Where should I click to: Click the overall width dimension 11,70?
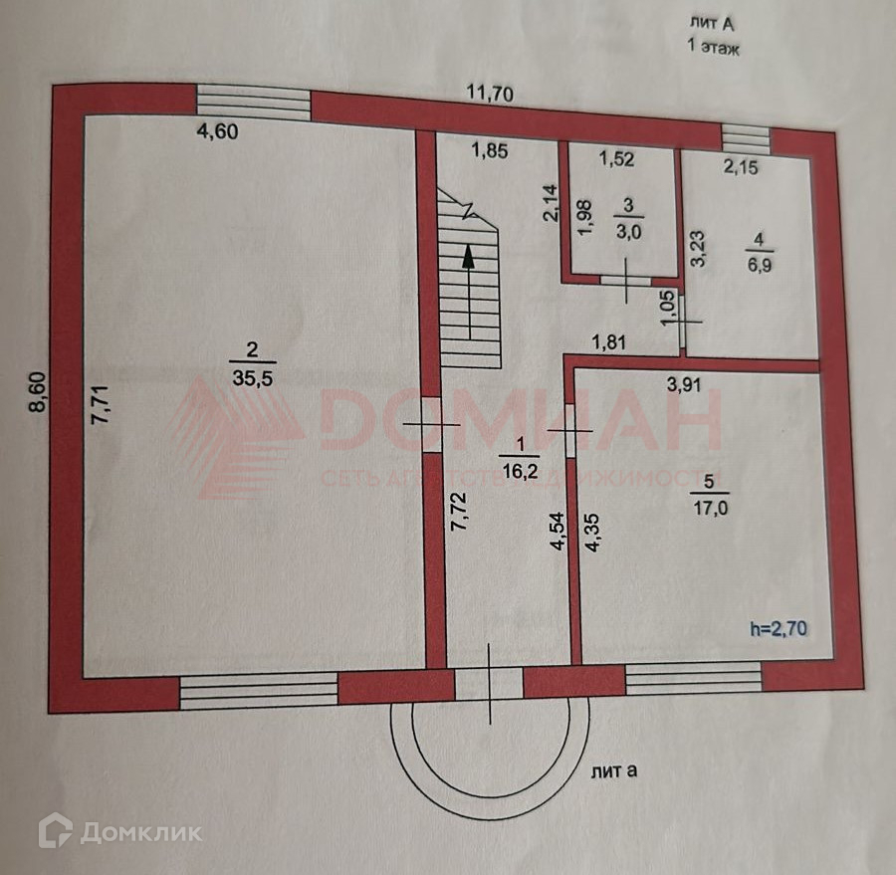pos(490,95)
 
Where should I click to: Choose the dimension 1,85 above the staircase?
pos(490,151)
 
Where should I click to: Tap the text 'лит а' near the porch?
pos(615,769)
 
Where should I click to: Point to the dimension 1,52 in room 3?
pos(617,156)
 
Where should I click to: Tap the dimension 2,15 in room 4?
pos(742,168)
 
